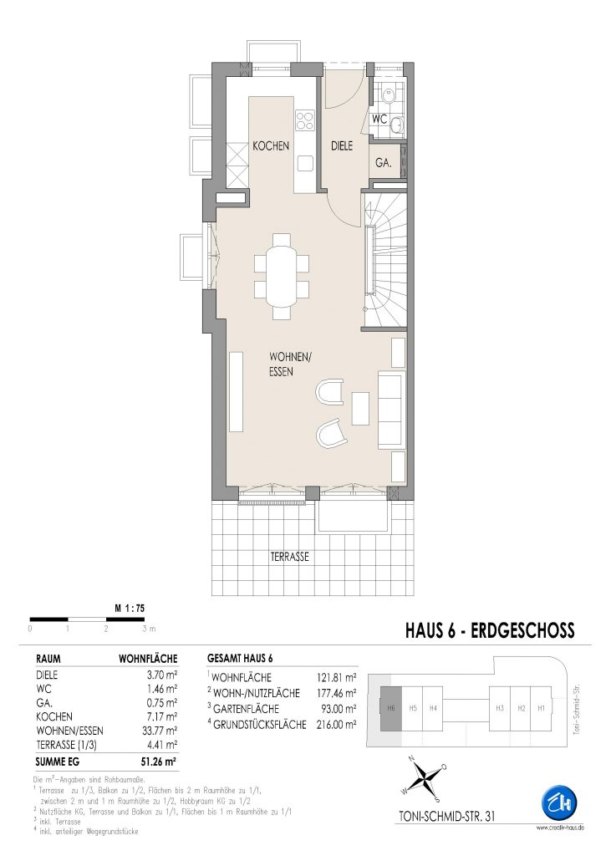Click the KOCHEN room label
[271, 146]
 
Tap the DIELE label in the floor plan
[342, 145]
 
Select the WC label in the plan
[379, 119]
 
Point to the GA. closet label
[383, 162]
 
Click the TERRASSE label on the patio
[290, 557]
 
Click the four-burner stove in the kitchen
[305, 120]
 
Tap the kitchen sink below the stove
[305, 163]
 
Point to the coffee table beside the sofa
[360, 408]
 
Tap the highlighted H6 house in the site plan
[391, 708]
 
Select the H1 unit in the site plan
[541, 708]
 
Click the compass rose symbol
[425, 776]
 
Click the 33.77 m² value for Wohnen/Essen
[160, 731]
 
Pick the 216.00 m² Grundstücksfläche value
[336, 725]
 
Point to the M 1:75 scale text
[130, 608]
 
